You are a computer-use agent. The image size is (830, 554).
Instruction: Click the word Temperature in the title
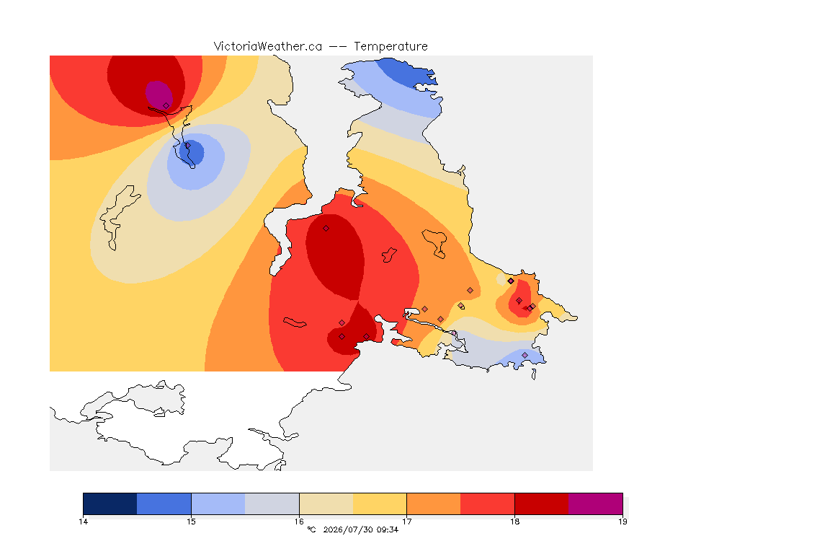pyautogui.click(x=391, y=47)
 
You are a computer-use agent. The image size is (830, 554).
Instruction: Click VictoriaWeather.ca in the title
pyautogui.click(x=268, y=47)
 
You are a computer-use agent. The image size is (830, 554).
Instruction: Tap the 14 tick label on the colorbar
pyautogui.click(x=83, y=522)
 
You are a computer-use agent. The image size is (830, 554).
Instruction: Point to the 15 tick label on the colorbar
pyautogui.click(x=191, y=522)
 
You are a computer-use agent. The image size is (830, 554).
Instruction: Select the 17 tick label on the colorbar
pyautogui.click(x=406, y=522)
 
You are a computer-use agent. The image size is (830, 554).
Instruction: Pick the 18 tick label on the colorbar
pyautogui.click(x=514, y=522)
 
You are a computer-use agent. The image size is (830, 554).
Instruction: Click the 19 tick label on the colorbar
pyautogui.click(x=622, y=522)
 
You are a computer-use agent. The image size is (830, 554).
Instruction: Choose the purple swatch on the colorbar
pyautogui.click(x=596, y=504)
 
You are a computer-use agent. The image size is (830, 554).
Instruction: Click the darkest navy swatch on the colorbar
pyautogui.click(x=110, y=504)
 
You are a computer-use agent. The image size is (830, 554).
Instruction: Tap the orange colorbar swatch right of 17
pyautogui.click(x=434, y=504)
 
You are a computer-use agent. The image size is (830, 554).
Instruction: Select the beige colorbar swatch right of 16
pyautogui.click(x=326, y=504)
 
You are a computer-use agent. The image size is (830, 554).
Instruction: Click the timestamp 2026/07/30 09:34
pyautogui.click(x=360, y=529)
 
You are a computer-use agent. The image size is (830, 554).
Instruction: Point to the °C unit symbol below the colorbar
pyautogui.click(x=311, y=529)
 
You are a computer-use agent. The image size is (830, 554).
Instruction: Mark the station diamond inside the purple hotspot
pyautogui.click(x=166, y=106)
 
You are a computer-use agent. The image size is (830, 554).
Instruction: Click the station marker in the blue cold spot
pyautogui.click(x=187, y=145)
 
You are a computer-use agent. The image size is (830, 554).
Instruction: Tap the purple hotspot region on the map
pyautogui.click(x=159, y=95)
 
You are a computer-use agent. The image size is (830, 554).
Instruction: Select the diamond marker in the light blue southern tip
pyautogui.click(x=525, y=355)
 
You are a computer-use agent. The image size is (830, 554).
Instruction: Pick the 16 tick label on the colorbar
pyautogui.click(x=299, y=522)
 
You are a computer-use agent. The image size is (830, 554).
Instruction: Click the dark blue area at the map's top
pyautogui.click(x=408, y=71)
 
